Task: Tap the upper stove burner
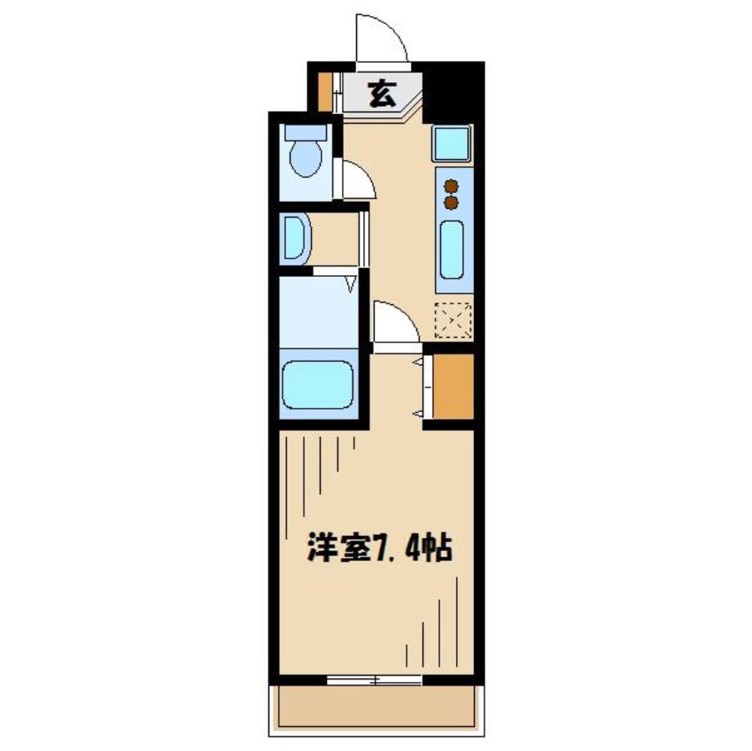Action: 451,185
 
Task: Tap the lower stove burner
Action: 451,202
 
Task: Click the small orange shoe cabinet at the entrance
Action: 325,91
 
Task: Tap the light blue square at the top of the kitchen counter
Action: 452,143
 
